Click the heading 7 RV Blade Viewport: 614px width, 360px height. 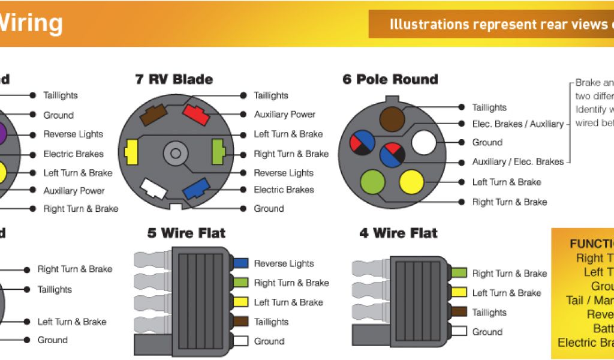(x=174, y=79)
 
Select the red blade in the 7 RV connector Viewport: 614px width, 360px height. (x=195, y=113)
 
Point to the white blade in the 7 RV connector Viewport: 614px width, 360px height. (x=153, y=189)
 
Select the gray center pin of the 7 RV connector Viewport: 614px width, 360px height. (x=175, y=152)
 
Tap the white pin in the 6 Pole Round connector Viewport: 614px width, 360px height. (x=423, y=143)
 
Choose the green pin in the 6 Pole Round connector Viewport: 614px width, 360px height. (x=372, y=182)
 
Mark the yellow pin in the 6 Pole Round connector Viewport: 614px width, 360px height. (x=411, y=182)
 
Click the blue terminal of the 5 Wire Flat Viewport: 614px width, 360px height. (x=240, y=263)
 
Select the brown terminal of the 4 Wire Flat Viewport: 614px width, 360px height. (x=459, y=312)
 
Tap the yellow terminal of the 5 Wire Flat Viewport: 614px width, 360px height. (x=240, y=302)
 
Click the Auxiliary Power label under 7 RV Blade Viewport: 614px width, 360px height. (x=284, y=115)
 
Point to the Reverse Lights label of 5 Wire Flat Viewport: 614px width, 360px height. (x=284, y=263)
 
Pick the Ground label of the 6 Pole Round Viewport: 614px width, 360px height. (x=487, y=143)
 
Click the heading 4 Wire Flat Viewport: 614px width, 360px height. (x=398, y=233)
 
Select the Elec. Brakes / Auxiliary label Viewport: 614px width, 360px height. (x=517, y=124)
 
